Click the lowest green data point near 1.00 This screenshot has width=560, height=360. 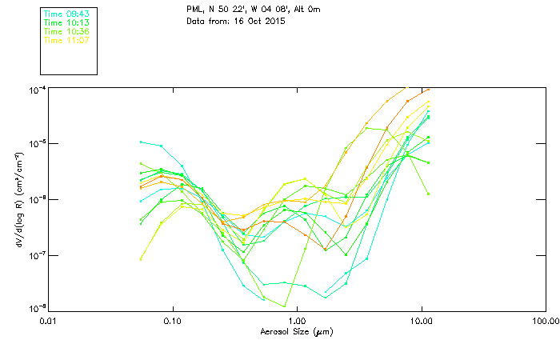[x=284, y=306]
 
